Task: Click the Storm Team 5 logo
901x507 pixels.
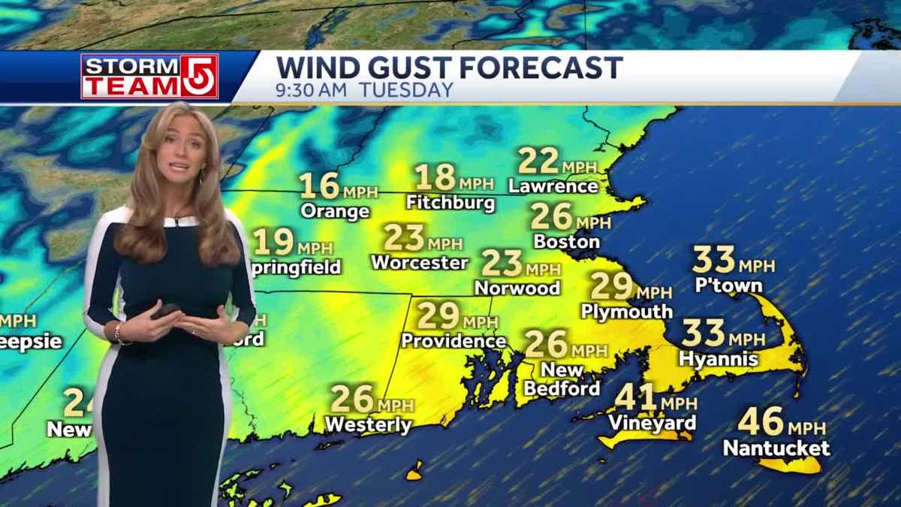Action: [x=149, y=76]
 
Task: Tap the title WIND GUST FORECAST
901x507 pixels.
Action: [x=449, y=68]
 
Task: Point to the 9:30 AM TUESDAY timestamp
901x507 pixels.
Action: [x=364, y=90]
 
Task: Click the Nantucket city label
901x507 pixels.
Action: [x=776, y=448]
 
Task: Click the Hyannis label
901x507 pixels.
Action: [x=719, y=359]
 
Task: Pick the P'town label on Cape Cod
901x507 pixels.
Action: [x=728, y=285]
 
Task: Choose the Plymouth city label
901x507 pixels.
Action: [x=626, y=311]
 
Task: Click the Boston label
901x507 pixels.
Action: [x=566, y=242]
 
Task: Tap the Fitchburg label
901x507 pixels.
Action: [x=450, y=203]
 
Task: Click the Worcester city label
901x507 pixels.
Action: [x=420, y=263]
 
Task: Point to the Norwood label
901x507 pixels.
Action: [x=517, y=288]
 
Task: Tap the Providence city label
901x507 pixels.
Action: [x=454, y=340]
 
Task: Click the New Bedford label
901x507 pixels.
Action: [x=562, y=379]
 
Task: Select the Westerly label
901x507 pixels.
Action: [x=368, y=425]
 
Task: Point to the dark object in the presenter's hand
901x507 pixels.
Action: [x=167, y=310]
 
